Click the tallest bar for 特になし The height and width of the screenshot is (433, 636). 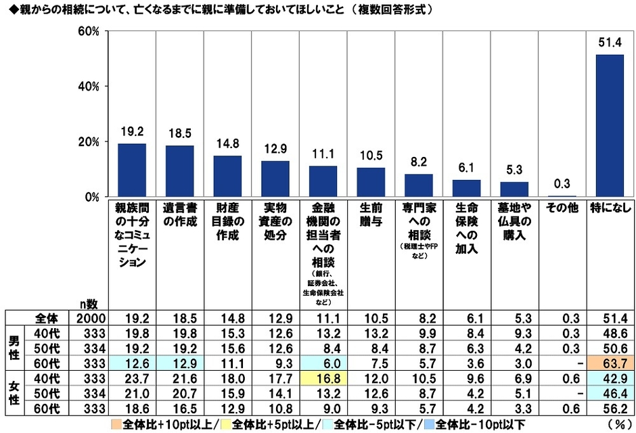point(609,126)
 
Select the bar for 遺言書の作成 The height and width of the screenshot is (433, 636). point(179,171)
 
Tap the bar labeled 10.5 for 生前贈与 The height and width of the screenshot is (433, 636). point(371,182)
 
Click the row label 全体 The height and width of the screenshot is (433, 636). point(47,317)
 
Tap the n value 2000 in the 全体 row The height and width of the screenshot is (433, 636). point(89,317)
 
